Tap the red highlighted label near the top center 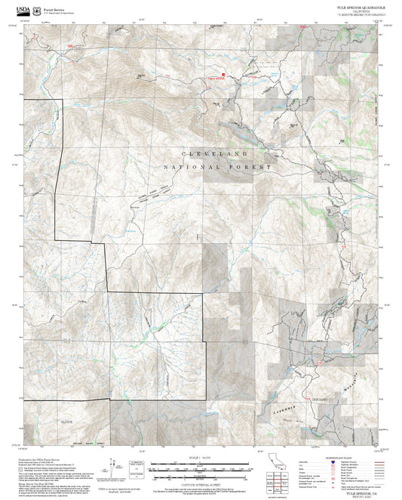click(x=216, y=76)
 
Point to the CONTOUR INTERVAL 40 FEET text click(x=200, y=481)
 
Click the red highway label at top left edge click(x=70, y=46)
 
